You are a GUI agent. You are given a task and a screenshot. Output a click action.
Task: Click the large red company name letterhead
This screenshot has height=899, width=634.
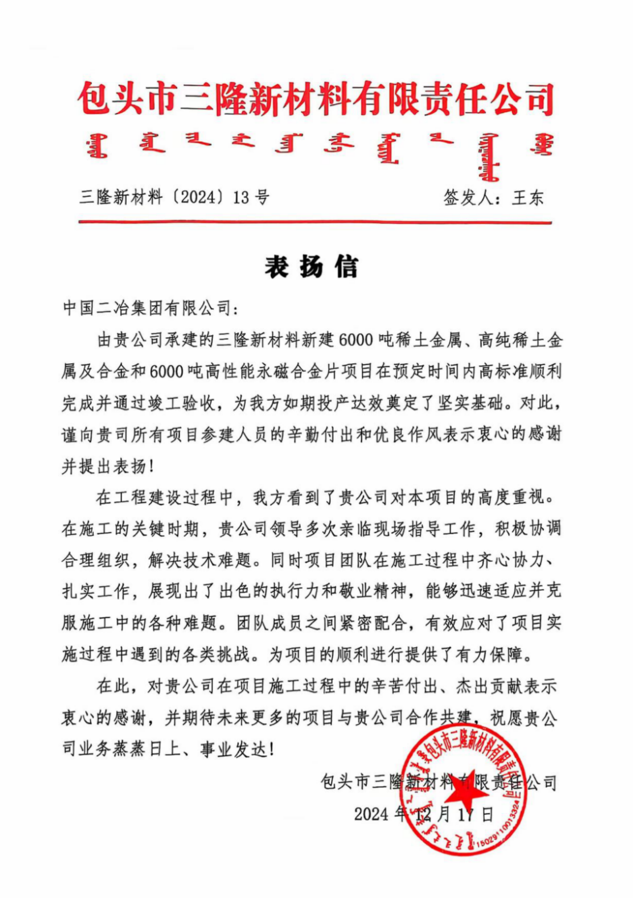tap(316, 99)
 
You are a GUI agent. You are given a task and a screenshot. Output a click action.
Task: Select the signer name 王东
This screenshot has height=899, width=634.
tap(528, 197)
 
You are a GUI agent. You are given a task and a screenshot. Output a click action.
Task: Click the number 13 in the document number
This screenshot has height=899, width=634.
tap(240, 197)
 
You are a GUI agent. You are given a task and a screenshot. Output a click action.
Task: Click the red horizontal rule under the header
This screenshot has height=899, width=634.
tap(315, 222)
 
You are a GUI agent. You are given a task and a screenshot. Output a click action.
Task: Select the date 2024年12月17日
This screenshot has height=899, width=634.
tap(424, 814)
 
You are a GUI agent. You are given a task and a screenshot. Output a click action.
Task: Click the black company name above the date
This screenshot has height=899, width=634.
tap(438, 782)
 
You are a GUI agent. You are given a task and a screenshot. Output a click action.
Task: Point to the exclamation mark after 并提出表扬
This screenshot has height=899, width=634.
tap(150, 466)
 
